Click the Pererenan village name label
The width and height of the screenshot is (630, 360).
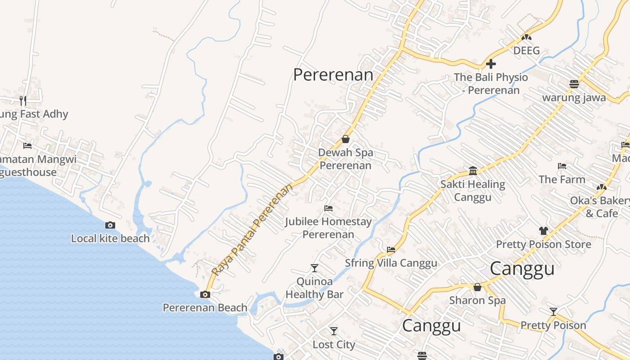tap(333, 75)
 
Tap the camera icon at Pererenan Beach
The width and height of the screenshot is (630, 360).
tap(205, 295)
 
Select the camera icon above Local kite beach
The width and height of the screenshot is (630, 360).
tap(110, 225)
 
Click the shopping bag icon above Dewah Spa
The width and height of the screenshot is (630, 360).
tap(346, 139)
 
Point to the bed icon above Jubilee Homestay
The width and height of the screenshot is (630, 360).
tap(328, 208)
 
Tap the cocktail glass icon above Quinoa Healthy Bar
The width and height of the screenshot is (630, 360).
tap(315, 268)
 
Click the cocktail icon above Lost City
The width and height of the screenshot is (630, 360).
tap(333, 331)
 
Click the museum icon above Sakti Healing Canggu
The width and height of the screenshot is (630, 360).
tap(472, 171)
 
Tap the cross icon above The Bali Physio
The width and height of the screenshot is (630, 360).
tap(491, 64)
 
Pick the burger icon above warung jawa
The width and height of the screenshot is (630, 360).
tap(574, 84)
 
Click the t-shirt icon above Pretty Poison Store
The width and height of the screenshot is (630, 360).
tap(543, 231)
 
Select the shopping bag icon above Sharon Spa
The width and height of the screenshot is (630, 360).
tap(477, 287)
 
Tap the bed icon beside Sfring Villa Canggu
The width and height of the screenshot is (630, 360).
tap(391, 249)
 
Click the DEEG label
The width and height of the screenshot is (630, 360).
tap(526, 50)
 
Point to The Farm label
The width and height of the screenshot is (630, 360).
tap(562, 179)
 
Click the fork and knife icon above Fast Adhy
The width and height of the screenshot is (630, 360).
tap(23, 100)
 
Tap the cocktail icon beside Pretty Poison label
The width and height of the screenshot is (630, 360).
tap(553, 312)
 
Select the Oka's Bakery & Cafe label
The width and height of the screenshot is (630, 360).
tap(601, 207)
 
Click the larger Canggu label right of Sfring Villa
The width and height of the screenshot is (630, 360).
tap(522, 269)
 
